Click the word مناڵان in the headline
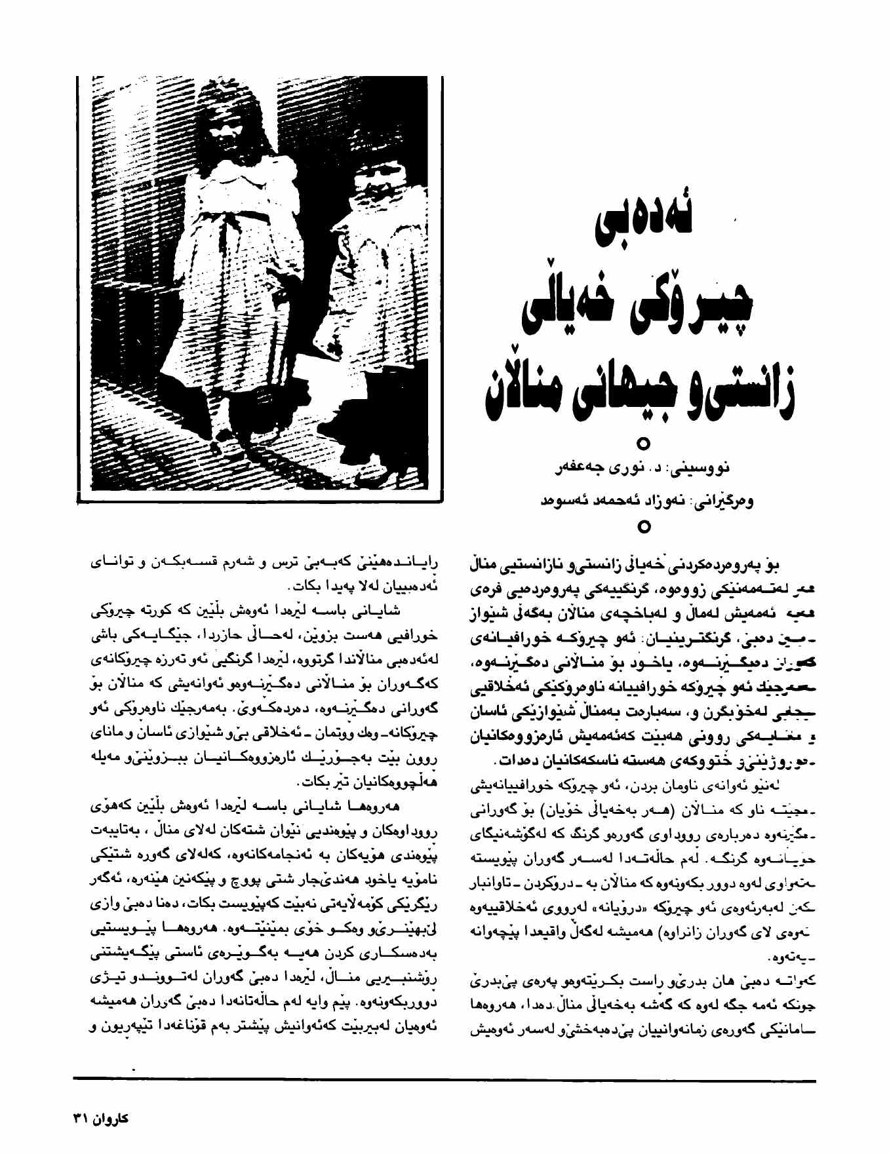[x=521, y=393]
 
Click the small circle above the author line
[x=644, y=444]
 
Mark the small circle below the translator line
[x=644, y=526]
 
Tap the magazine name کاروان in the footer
[x=111, y=1118]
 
